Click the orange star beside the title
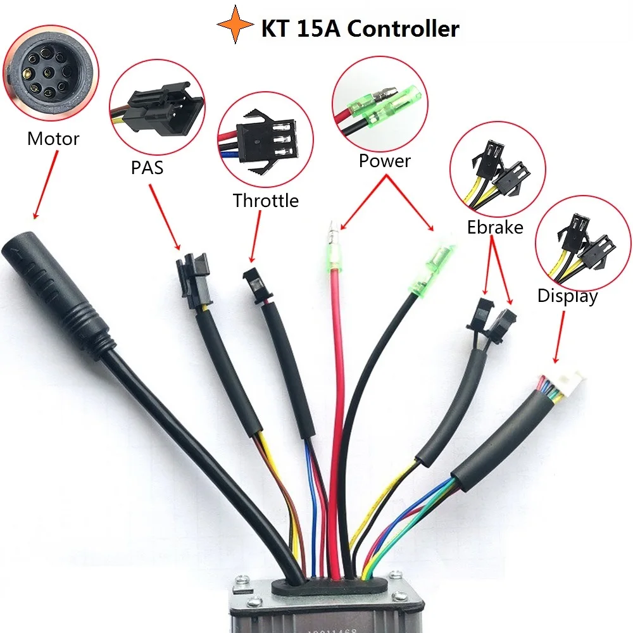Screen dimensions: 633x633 click(235, 25)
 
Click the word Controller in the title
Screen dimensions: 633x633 click(404, 28)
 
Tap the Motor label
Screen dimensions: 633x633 click(53, 139)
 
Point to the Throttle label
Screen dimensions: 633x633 click(265, 201)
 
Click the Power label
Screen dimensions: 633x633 click(384, 161)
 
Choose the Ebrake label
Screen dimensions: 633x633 click(495, 227)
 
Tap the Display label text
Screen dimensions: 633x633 click(567, 296)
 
